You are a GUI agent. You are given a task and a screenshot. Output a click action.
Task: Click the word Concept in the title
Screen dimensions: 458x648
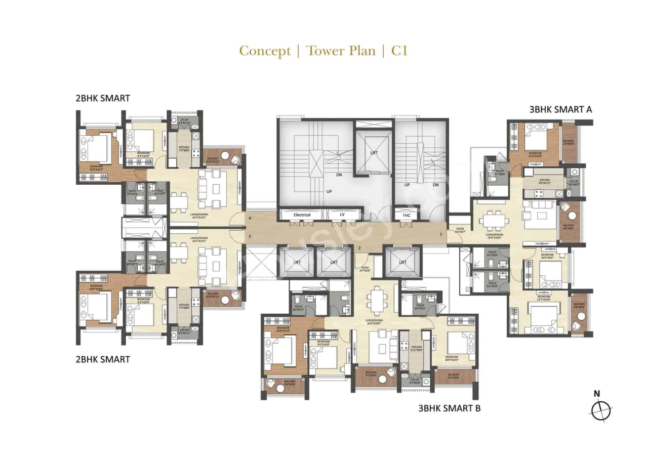click(x=265, y=51)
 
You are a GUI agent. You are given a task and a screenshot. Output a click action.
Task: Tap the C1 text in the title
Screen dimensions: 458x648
click(x=399, y=51)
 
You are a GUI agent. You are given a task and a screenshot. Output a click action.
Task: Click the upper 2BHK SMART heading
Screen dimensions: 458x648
click(x=103, y=98)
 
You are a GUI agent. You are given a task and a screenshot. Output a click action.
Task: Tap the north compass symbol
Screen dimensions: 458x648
click(x=600, y=409)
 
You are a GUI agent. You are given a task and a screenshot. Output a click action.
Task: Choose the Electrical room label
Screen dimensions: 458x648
click(x=302, y=215)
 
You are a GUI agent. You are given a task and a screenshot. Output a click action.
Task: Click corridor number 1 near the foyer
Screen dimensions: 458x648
click(x=441, y=234)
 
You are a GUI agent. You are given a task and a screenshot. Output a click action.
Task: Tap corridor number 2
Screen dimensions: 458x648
click(x=359, y=248)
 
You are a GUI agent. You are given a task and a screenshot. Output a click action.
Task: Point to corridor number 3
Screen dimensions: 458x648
click(x=249, y=236)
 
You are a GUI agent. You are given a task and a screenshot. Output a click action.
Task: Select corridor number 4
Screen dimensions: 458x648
click(x=249, y=218)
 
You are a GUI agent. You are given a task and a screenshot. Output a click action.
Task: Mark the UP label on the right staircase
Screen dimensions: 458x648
click(x=407, y=185)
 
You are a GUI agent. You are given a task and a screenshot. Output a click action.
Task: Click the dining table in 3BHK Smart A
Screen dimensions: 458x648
click(x=495, y=221)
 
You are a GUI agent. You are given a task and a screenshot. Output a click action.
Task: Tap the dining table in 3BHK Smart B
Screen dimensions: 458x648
click(x=377, y=299)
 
